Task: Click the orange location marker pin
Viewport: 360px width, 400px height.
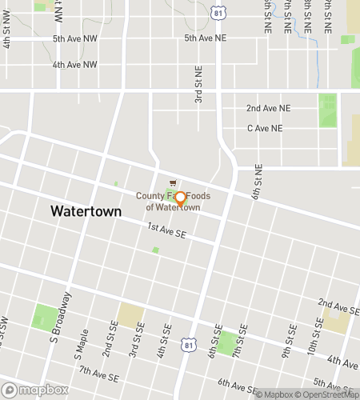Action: [x=180, y=199]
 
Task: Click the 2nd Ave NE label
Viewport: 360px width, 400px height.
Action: [x=268, y=108]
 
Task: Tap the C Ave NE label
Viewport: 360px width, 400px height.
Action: [x=265, y=128]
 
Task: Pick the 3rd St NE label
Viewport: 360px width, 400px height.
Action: [x=198, y=86]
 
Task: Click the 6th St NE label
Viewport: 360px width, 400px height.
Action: [x=258, y=182]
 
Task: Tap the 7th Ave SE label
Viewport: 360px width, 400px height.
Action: [x=99, y=372]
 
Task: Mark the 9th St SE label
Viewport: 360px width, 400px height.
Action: [x=286, y=344]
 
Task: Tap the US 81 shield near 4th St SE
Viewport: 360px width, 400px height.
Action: [x=187, y=343]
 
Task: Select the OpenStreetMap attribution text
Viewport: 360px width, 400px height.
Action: [x=327, y=394]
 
